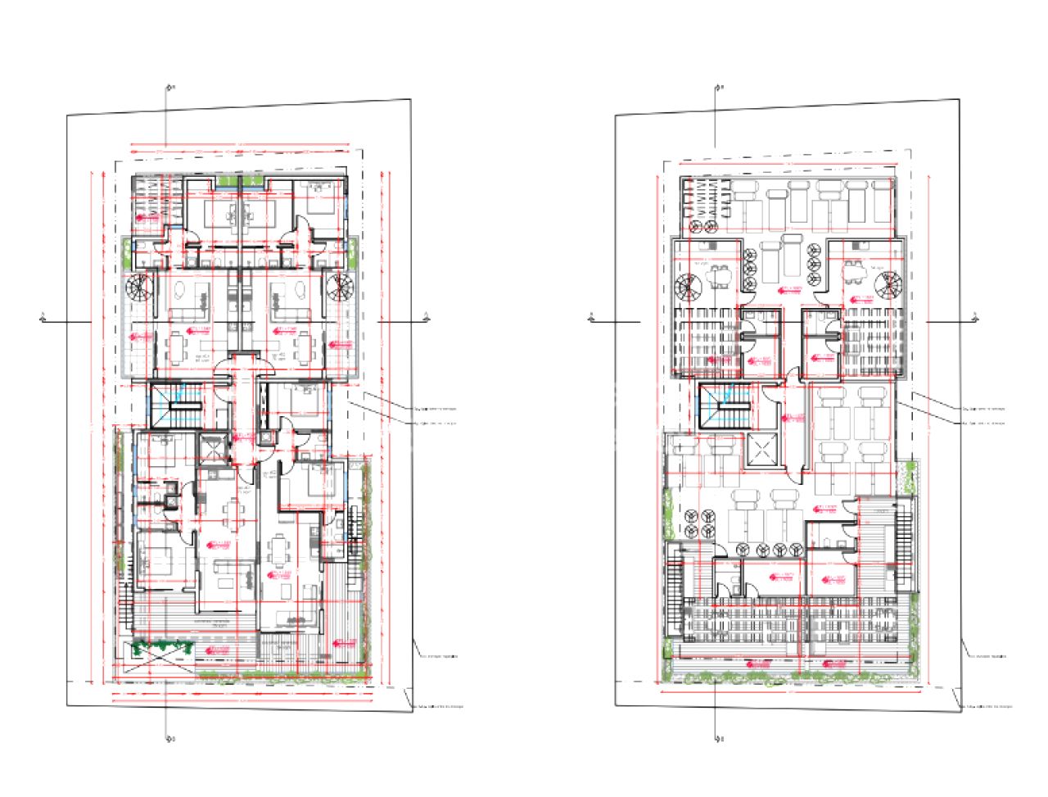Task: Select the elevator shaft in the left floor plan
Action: tap(211, 449)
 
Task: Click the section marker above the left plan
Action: tap(169, 88)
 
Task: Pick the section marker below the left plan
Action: tap(169, 737)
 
